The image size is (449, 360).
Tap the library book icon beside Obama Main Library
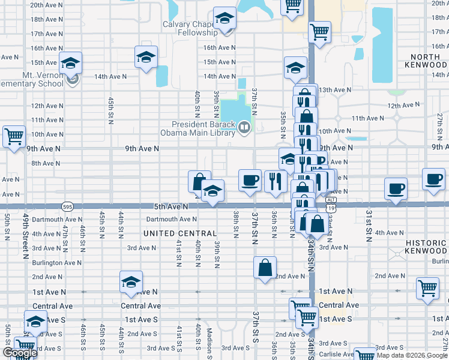click(244, 127)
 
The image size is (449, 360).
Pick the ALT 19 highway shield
click(331, 203)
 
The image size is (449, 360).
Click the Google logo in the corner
click(19, 353)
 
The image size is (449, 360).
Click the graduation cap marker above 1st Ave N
click(131, 283)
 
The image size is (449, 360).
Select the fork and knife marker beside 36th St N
click(275, 181)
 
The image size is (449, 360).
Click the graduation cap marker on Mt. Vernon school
click(70, 63)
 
